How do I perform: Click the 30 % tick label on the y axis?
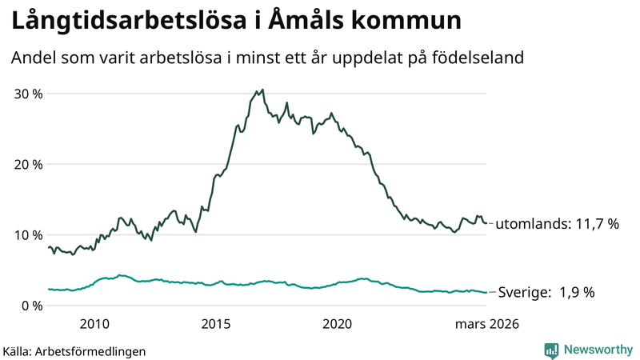[x=27, y=94]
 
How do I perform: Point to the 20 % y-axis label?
[x=27, y=164]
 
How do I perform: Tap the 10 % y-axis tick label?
[x=27, y=234]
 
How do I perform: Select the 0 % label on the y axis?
[x=31, y=305]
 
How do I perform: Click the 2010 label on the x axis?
[x=94, y=324]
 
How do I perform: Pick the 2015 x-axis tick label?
[x=216, y=324]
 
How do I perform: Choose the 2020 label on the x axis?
[x=337, y=324]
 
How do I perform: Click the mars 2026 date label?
[x=486, y=324]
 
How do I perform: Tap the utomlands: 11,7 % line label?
[x=558, y=224]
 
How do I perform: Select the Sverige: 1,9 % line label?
[x=546, y=293]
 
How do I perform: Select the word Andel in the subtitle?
[x=32, y=58]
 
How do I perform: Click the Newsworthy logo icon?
[x=551, y=350]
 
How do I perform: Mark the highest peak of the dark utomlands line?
[x=263, y=90]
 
